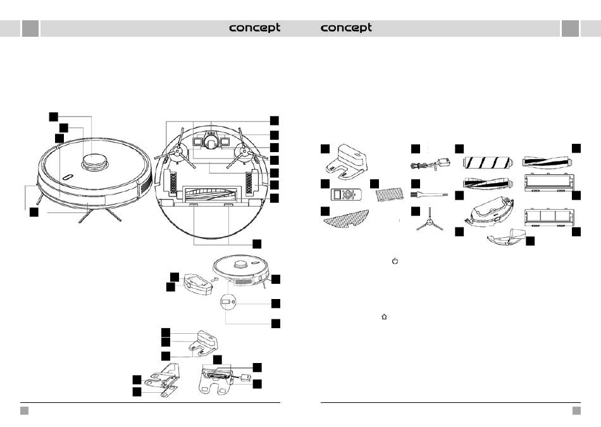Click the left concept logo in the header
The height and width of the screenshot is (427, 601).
pos(254,28)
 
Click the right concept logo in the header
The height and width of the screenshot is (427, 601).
pos(345,28)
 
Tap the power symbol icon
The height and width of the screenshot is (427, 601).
pos(395,261)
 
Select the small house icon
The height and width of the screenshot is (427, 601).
pos(384,317)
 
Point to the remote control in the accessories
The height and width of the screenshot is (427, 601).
pos(347,194)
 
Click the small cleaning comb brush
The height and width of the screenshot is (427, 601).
pos(429,195)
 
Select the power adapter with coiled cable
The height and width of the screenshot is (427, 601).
pos(430,163)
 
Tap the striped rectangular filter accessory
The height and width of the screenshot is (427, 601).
pos(390,194)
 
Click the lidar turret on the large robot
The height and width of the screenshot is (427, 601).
pos(94,162)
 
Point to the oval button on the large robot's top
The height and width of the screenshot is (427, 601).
pos(68,177)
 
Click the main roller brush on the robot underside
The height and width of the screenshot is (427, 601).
pos(211,194)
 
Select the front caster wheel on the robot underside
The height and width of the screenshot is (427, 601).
pos(210,142)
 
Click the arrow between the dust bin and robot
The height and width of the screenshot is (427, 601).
pos(216,279)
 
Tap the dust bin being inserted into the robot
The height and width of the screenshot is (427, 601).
pos(197,284)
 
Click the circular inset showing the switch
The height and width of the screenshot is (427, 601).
pos(228,302)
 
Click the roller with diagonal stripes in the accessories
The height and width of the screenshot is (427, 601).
pos(488,163)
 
